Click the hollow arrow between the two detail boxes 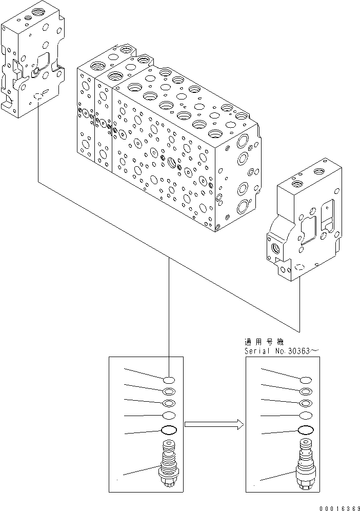tap(213, 423)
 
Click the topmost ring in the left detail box tap(169, 380)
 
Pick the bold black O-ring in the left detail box tap(169, 430)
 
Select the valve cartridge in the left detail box tap(168, 463)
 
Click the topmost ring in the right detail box tap(306, 380)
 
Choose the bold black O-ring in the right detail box tap(306, 430)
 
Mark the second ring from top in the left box tap(169, 392)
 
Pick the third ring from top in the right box tap(306, 404)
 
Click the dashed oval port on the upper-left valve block tap(39, 96)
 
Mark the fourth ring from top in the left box tap(169, 416)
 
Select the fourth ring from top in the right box tap(306, 416)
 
